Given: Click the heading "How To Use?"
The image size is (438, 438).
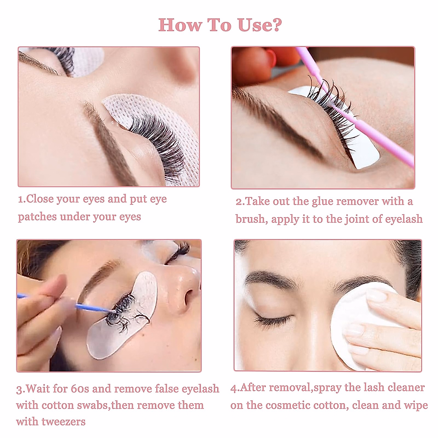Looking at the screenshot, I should [x=220, y=25].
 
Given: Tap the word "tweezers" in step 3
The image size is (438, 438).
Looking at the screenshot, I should [x=63, y=422].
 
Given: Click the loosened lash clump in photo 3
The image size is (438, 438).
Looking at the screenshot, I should [x=122, y=314].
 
